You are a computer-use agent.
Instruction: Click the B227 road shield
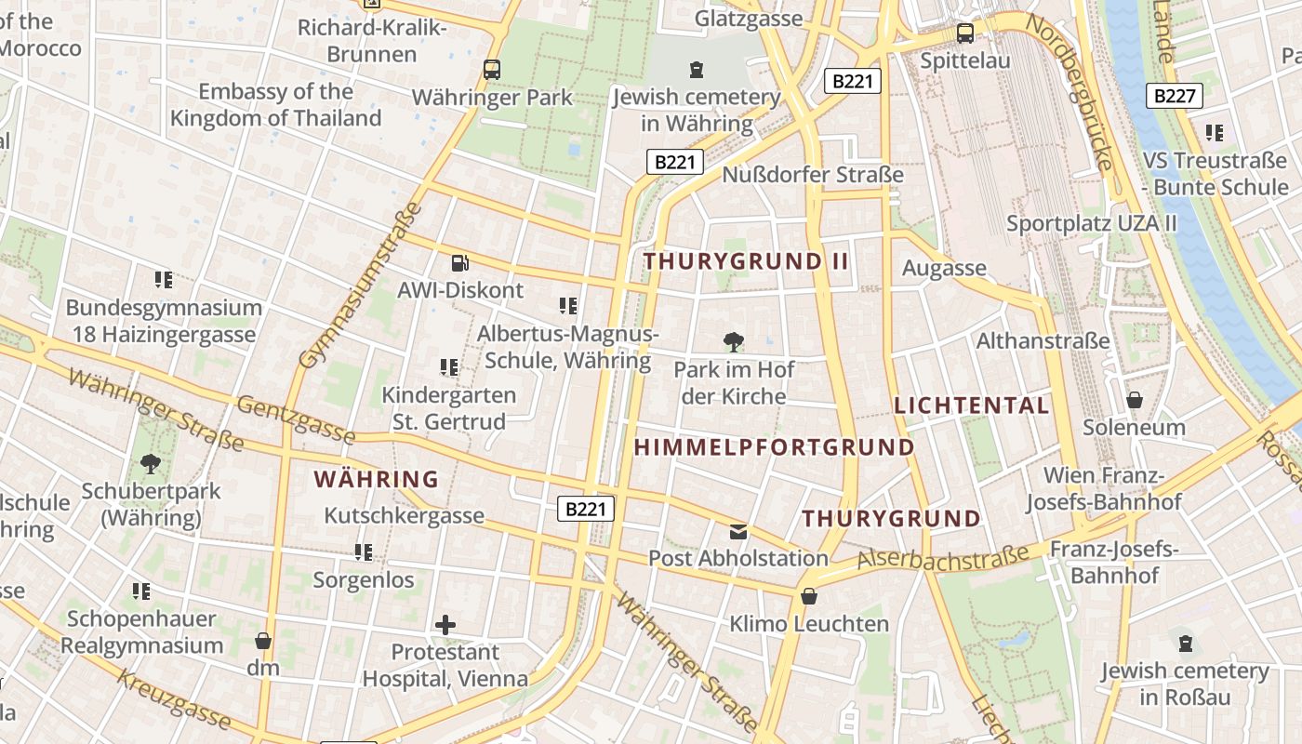point(1176,95)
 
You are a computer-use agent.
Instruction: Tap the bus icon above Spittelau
point(965,33)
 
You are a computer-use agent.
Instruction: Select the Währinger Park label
point(492,97)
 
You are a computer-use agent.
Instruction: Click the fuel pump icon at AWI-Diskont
point(459,263)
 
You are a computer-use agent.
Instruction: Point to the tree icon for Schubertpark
point(150,463)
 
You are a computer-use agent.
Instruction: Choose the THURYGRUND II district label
point(746,261)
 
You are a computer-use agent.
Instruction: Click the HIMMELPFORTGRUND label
point(774,447)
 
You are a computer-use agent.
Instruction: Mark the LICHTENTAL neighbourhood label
point(971,405)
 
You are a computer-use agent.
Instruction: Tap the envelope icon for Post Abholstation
point(738,531)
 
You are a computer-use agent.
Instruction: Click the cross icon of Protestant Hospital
point(445,625)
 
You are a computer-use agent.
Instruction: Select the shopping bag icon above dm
point(263,641)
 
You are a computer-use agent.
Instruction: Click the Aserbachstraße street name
point(943,557)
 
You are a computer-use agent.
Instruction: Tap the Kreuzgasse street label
point(174,698)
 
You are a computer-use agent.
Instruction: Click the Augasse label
point(944,269)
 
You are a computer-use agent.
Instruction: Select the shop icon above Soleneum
point(1134,400)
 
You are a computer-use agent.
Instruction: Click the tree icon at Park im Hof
point(733,342)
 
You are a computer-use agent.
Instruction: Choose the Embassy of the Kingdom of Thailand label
point(275,105)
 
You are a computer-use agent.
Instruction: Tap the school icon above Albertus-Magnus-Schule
point(567,306)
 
